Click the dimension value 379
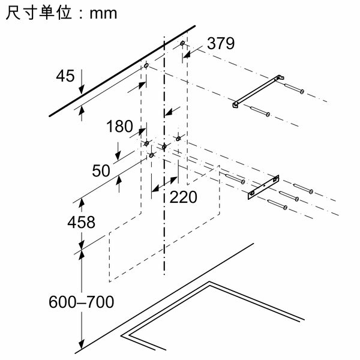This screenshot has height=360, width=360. (221, 43)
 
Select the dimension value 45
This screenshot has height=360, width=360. (65, 76)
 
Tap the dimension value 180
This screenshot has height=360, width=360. (119, 126)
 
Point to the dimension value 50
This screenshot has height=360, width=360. (101, 170)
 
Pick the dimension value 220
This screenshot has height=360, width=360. (183, 197)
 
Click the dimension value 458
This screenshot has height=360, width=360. (81, 222)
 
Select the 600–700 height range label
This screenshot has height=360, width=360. (81, 302)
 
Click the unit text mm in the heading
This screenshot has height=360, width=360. (103, 14)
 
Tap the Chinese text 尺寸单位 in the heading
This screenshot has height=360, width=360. (39, 13)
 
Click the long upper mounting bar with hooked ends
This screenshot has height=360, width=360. (258, 91)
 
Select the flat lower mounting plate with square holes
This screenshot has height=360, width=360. (263, 187)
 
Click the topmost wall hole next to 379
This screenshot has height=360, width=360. (182, 43)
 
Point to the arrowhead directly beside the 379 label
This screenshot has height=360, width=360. (187, 55)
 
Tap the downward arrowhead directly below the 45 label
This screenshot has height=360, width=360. (82, 89)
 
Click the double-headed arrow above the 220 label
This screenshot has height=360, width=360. (164, 184)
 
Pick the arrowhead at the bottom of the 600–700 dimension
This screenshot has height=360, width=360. (81, 344)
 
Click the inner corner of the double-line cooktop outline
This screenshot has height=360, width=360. (209, 286)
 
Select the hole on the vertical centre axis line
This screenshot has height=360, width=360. (164, 146)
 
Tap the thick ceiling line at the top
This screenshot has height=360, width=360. (122, 71)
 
